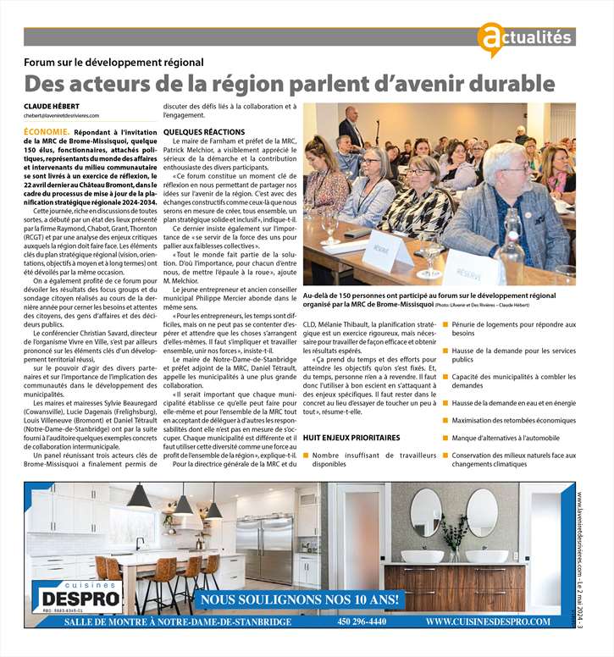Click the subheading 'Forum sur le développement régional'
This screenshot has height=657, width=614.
[113, 62]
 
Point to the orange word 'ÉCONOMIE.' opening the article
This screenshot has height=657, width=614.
[47, 133]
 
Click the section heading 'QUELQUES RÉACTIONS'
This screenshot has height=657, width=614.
[203, 132]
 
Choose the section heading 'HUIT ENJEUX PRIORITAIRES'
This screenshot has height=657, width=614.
[351, 438]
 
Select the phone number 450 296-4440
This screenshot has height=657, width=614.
[362, 621]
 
